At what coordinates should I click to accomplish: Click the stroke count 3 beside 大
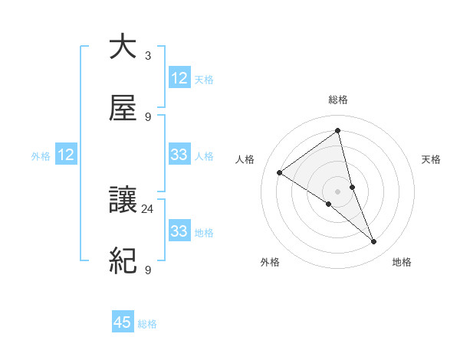[x=147, y=56]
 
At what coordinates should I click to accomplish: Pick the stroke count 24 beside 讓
[x=147, y=208]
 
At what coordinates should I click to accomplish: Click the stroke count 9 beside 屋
[x=147, y=117]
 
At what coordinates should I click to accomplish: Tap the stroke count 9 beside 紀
[x=147, y=270]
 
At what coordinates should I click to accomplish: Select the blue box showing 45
[x=123, y=322]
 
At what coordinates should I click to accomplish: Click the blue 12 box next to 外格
[x=66, y=155]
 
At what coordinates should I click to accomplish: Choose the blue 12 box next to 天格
[x=179, y=78]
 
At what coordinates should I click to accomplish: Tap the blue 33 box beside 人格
[x=179, y=155]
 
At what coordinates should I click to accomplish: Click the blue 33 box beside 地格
[x=179, y=231]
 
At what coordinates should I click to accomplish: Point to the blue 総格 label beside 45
[x=147, y=324]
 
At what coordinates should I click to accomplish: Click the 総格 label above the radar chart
[x=338, y=100]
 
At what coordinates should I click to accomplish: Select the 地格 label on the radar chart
[x=402, y=263]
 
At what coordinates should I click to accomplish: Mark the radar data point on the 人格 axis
[x=280, y=172]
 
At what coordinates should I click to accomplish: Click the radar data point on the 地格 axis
[x=374, y=242]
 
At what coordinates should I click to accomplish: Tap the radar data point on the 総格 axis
[x=338, y=130]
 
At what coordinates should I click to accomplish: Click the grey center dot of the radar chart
[x=338, y=191]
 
